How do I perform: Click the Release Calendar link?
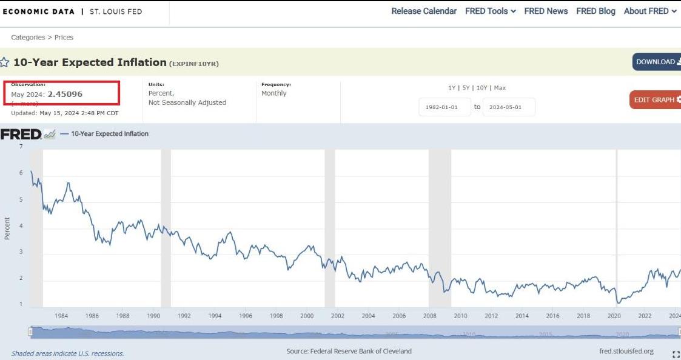[x=424, y=11]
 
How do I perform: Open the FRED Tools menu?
[x=490, y=11]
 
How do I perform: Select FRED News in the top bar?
[x=546, y=11]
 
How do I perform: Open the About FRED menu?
[x=649, y=11]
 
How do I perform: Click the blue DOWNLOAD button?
[x=656, y=62]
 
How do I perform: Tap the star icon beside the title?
[x=5, y=62]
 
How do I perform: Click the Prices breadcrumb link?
[x=64, y=38]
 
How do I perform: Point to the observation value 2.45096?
[x=65, y=95]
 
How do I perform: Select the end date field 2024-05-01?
[x=508, y=107]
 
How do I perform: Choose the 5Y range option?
[x=466, y=88]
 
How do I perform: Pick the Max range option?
[x=500, y=88]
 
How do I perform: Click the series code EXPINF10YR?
[x=194, y=63]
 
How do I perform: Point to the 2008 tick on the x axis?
[x=429, y=316]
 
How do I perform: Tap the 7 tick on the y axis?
[x=21, y=147]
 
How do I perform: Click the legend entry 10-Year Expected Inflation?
[x=109, y=134]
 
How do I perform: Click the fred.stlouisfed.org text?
[x=625, y=352]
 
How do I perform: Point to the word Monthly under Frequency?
[x=274, y=93]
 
